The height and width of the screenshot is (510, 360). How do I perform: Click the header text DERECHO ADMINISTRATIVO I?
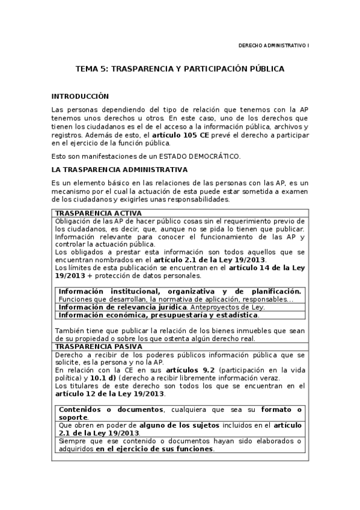coord(273,45)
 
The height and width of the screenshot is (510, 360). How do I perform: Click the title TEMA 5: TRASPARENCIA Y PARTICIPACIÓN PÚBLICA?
coord(180,69)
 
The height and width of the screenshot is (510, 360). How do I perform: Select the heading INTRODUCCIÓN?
coord(80,96)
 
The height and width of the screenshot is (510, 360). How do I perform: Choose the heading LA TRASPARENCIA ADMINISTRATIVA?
coord(120,170)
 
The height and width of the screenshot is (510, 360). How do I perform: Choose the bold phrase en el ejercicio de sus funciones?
coord(154,448)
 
